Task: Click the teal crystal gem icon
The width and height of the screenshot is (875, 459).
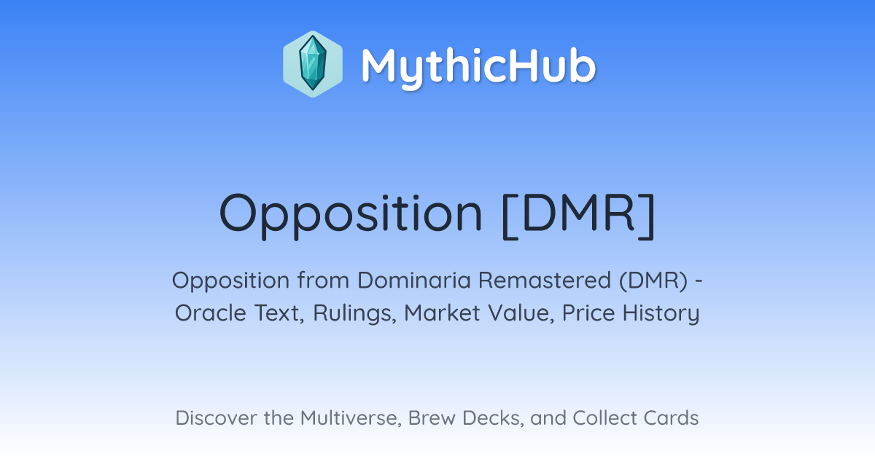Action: tap(313, 63)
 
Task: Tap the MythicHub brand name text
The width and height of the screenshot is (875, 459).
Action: tap(479, 66)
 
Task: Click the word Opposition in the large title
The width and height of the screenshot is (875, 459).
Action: tap(351, 215)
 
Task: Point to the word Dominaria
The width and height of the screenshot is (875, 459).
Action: tap(413, 280)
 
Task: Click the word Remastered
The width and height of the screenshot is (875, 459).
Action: tap(545, 280)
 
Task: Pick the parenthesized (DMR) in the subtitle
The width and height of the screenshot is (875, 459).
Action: tap(653, 280)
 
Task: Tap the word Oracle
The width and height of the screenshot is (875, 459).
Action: tap(210, 313)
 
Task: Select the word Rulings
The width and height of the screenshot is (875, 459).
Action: tap(354, 314)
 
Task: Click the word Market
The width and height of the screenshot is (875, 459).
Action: tap(442, 313)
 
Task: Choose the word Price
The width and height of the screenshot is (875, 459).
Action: tap(588, 313)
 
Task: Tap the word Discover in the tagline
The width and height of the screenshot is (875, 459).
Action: tap(217, 417)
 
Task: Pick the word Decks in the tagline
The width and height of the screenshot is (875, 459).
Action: tap(494, 418)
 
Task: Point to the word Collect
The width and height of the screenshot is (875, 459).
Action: tap(605, 417)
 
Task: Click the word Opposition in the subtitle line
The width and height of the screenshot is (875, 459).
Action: tap(230, 280)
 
